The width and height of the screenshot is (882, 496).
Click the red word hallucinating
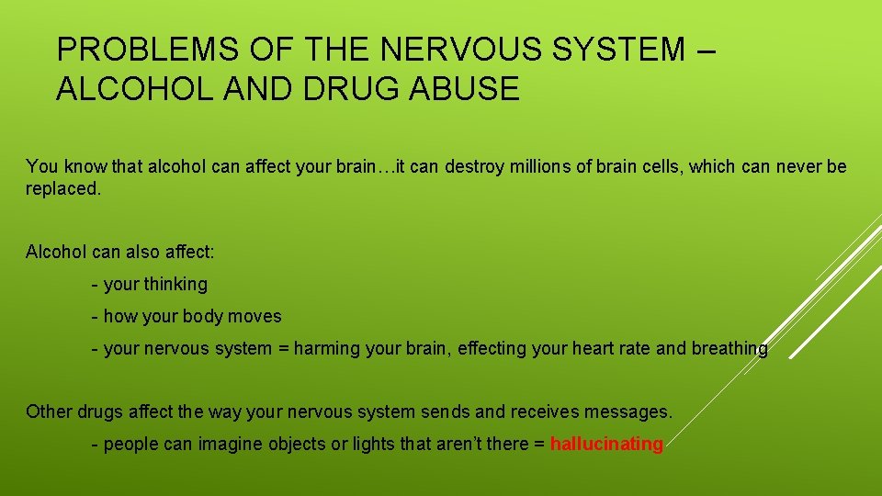(x=606, y=445)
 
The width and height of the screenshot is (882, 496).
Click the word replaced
(x=62, y=188)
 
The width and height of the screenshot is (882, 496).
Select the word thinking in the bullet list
(x=175, y=285)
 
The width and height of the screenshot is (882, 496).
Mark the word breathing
(x=729, y=348)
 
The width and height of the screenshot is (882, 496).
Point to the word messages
(x=633, y=411)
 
